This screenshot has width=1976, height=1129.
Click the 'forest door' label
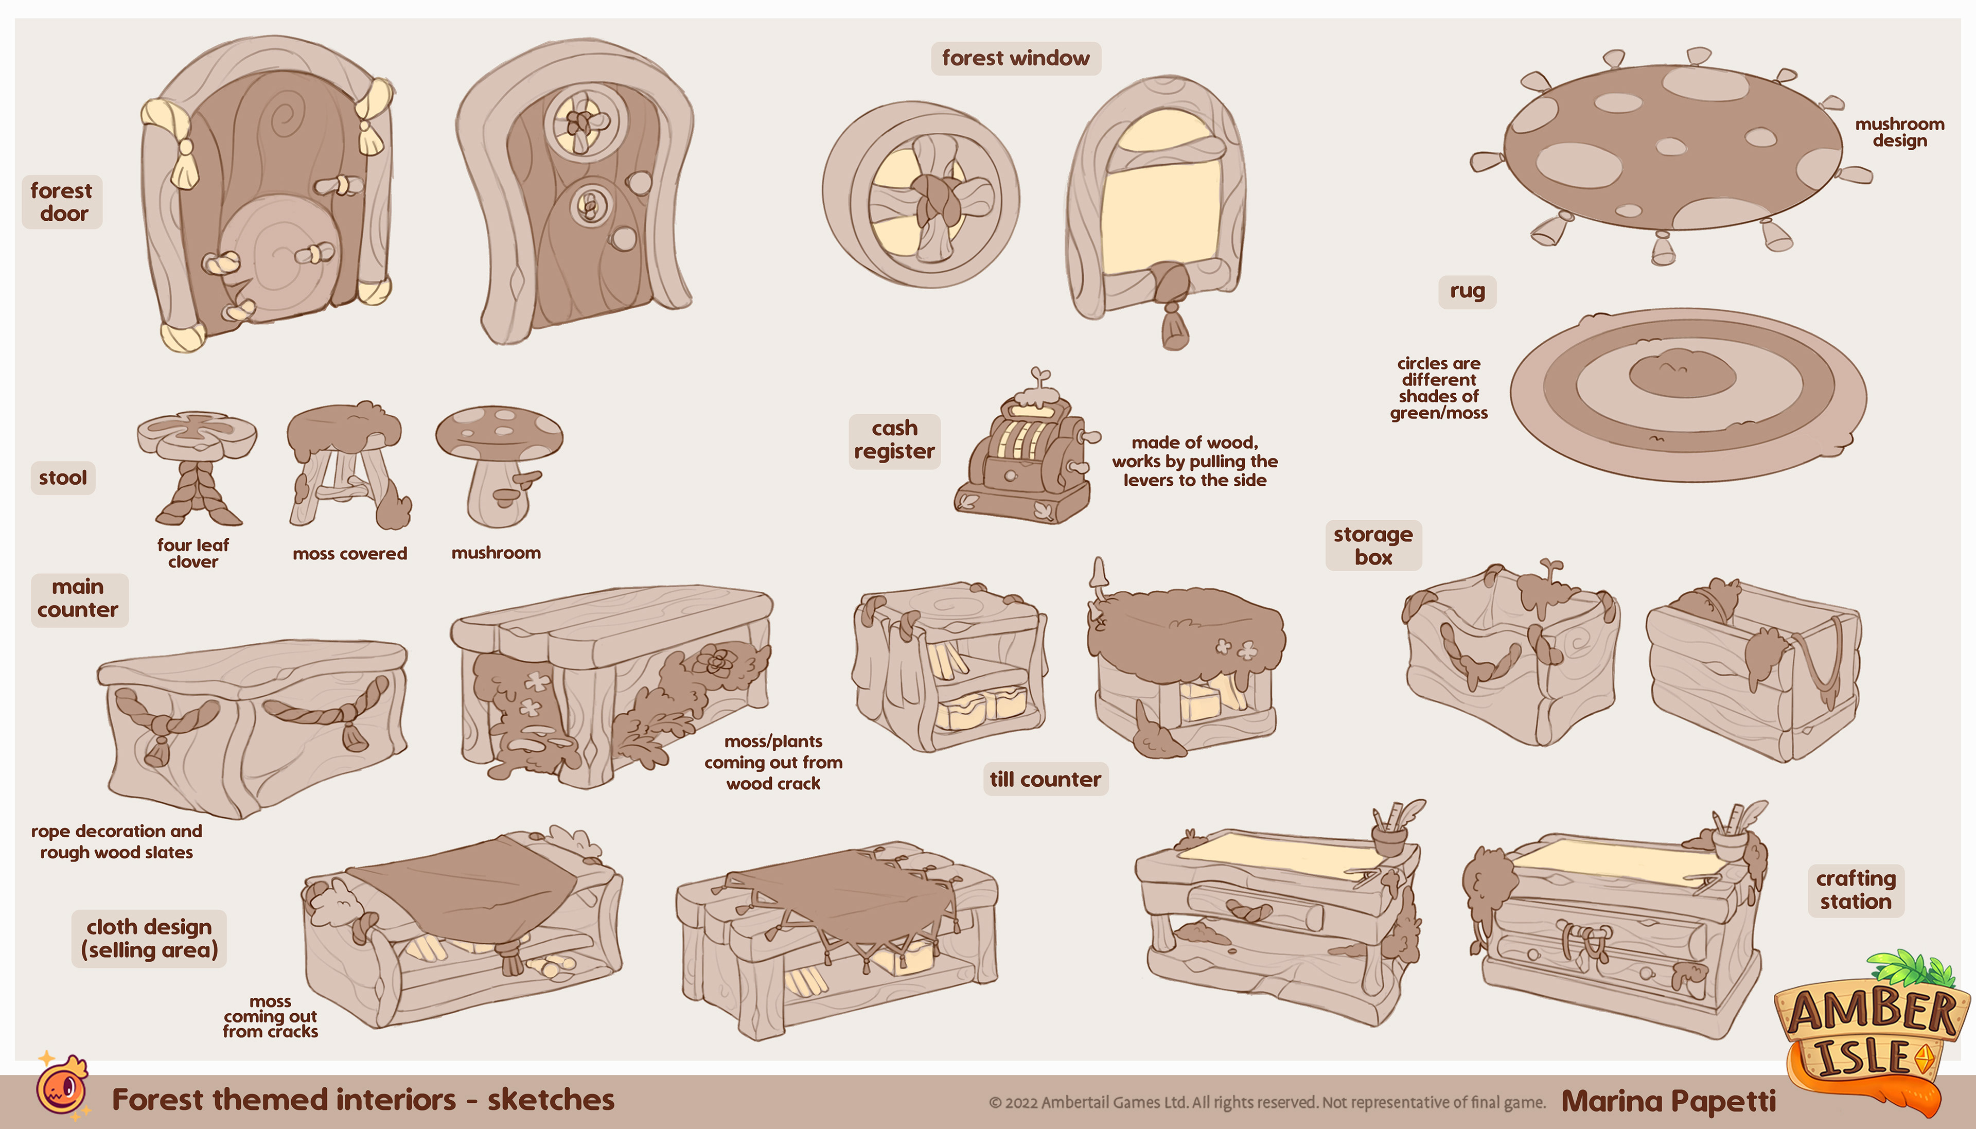(61, 202)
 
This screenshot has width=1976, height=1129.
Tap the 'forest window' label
(1015, 58)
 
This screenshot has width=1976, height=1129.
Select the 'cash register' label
(894, 439)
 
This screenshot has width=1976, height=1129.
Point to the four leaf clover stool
(198, 465)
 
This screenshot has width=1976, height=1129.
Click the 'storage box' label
(1373, 545)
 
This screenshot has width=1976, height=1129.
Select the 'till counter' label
(1045, 779)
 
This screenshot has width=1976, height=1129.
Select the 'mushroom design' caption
(1899, 132)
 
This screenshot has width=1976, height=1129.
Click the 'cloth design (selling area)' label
(149, 938)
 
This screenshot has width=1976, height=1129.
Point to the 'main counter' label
(78, 598)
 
